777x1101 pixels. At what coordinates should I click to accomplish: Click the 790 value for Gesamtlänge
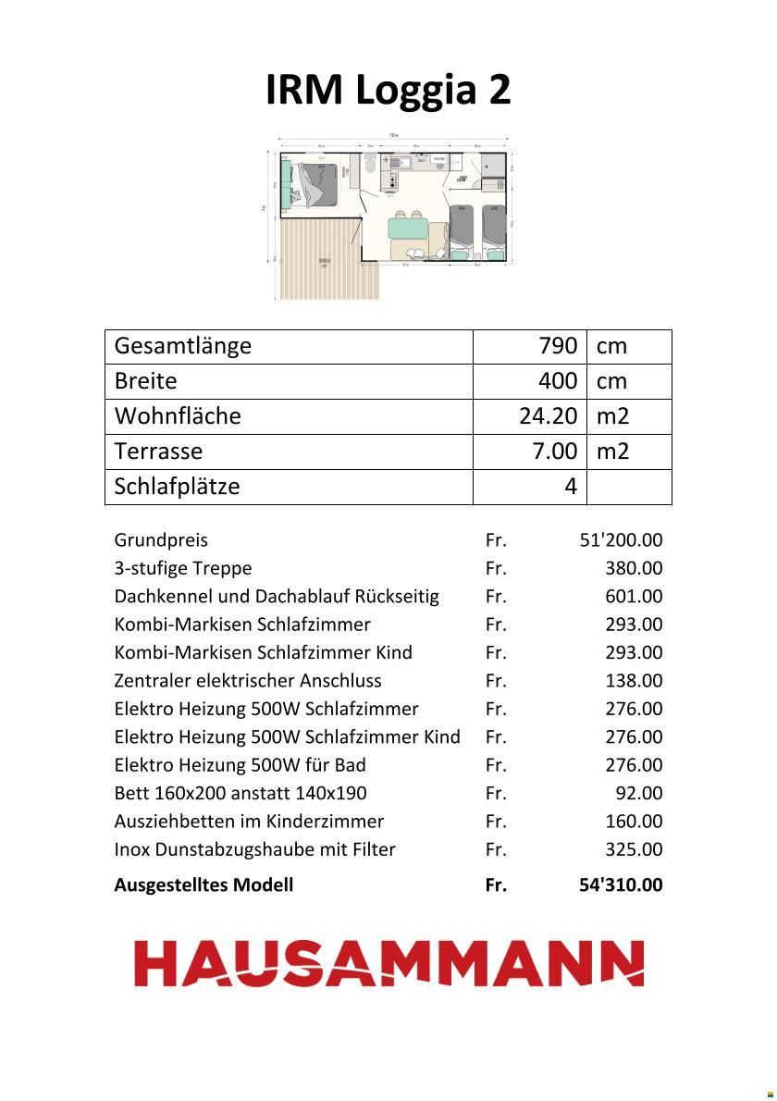tap(558, 346)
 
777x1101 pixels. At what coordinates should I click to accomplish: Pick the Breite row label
tap(145, 381)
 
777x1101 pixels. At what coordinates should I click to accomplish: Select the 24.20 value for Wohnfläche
tap(549, 416)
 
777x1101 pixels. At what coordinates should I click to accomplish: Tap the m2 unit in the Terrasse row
tap(612, 452)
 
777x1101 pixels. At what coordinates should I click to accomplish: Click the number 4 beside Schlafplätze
tap(571, 487)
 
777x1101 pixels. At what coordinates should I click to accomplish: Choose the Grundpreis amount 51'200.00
tap(621, 540)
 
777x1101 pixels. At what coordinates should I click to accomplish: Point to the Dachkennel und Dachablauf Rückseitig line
tap(277, 597)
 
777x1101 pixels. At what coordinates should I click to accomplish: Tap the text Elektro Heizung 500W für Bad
tap(240, 765)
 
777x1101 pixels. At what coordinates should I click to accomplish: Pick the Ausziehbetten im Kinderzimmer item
tap(249, 822)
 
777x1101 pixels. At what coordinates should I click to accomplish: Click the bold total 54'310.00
tap(621, 885)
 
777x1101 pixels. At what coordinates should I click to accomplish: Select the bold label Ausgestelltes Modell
tap(203, 885)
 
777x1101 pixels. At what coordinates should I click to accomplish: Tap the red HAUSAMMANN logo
tap(389, 963)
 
